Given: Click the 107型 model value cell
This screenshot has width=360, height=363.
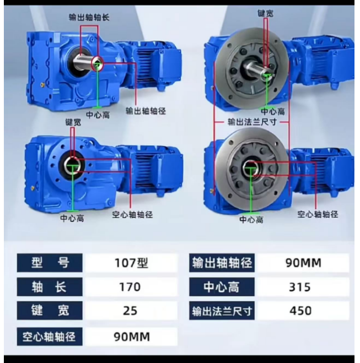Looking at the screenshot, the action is coord(131,263).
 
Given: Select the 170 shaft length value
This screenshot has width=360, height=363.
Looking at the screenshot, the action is coord(131,287).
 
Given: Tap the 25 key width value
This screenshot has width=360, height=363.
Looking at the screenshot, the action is coord(131,311).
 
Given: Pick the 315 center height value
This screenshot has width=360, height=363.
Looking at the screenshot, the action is coord(303,287).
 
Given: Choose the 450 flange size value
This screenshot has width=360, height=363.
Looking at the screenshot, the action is coord(303,311).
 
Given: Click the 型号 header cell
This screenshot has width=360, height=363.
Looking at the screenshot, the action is coord(50,263).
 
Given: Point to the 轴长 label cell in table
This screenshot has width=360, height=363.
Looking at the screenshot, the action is coord(50,287).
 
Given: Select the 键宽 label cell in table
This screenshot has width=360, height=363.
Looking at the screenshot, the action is coord(50,311).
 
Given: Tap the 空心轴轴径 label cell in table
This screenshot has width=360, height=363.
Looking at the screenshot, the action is coord(50,337).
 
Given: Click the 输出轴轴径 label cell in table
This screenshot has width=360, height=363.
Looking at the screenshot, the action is coord(222,263).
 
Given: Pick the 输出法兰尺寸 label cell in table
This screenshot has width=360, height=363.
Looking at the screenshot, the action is coord(222,311).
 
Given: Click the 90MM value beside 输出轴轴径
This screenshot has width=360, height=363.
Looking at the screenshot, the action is coord(303,263).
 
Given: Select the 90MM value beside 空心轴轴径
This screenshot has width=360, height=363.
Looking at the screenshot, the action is coord(131,337).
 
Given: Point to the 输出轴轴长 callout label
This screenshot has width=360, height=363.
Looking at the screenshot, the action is coord(89,18).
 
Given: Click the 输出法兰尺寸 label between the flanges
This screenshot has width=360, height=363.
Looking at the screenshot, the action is coord(252,122).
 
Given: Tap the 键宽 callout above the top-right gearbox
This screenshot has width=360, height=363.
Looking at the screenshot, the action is coord(266,13).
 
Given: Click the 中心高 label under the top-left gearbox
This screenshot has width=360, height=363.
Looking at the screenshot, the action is coord(98,115).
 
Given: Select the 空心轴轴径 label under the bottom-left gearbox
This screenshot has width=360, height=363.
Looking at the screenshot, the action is coord(132,215).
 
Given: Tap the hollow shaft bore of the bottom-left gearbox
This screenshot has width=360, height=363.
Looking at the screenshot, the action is coord(73,165).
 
